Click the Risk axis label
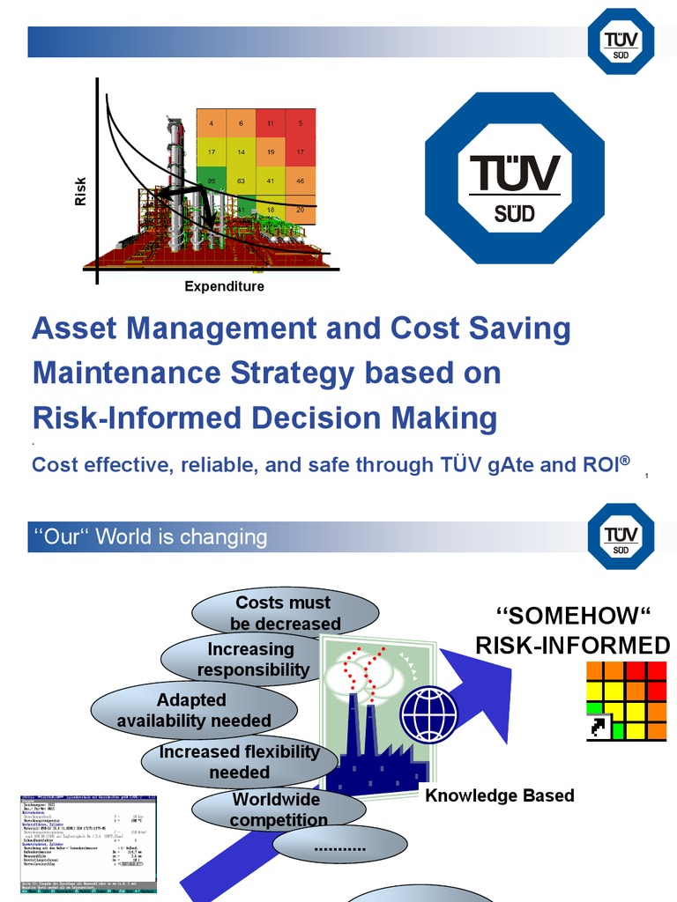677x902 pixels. coord(80,191)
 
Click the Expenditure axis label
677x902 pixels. coord(224,286)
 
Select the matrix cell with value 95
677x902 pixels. coord(212,181)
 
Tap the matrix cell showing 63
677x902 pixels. coord(242,181)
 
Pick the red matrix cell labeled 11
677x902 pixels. coord(271,123)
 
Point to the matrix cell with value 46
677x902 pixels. coord(301,181)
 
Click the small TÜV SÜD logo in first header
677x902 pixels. coord(621,42)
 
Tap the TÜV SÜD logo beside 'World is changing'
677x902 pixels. coord(621,536)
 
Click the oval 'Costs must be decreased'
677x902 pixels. coord(284,613)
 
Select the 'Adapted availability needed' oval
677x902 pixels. coord(193,711)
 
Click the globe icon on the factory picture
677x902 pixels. coord(428,714)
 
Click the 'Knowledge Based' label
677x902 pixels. coord(499,795)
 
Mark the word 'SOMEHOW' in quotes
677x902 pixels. coord(573,616)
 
